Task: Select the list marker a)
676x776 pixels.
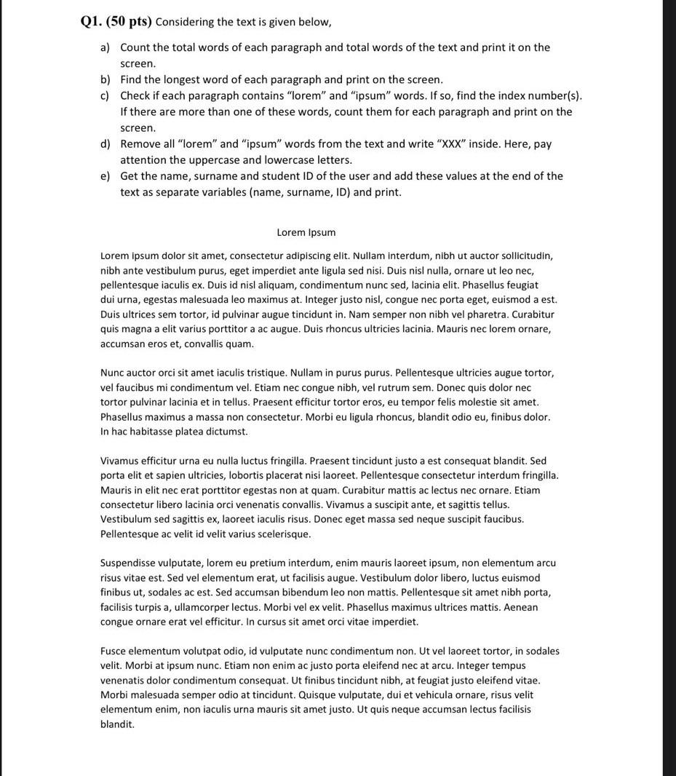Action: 105,48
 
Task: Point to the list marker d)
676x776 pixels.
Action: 105,144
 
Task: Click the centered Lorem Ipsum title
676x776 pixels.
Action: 306,233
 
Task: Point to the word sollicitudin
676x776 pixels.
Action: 520,256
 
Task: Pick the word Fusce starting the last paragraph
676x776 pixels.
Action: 114,652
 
